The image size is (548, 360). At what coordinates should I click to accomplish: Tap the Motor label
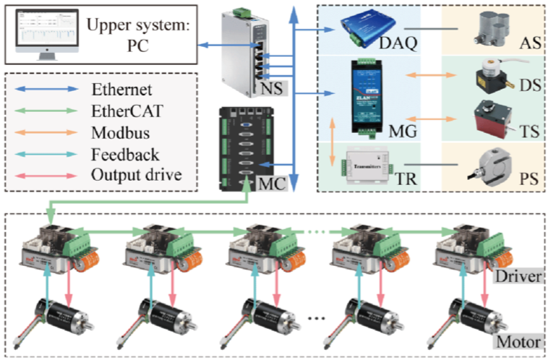(x=517, y=340)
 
